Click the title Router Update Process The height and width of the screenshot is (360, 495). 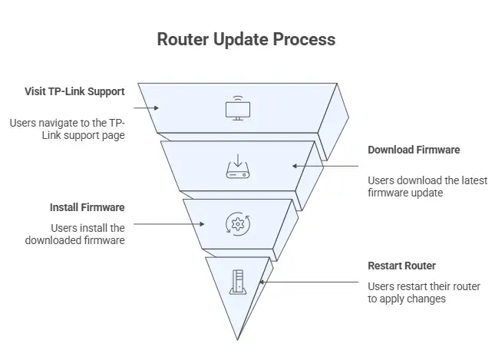click(x=246, y=38)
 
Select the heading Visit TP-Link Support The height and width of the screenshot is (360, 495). click(x=74, y=91)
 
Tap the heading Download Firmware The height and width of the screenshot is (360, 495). click(x=414, y=150)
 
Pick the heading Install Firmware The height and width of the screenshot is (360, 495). click(x=87, y=207)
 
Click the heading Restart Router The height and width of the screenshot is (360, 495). click(x=401, y=266)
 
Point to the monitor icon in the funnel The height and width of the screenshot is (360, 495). click(x=237, y=108)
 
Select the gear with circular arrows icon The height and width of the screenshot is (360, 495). click(x=237, y=224)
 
